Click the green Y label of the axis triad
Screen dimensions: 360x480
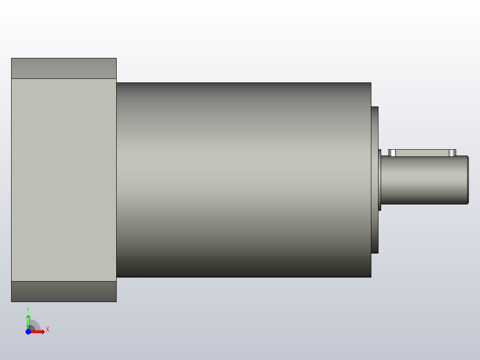(28, 309)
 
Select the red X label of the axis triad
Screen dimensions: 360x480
(48, 330)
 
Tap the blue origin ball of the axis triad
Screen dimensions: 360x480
(28, 332)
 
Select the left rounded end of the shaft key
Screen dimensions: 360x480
(392, 153)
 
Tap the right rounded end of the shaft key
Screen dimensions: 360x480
(452, 153)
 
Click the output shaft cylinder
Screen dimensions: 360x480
(423, 180)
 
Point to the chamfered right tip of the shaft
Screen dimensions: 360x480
(467, 180)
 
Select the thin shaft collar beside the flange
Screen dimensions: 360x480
(379, 180)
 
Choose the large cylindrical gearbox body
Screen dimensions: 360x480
(244, 180)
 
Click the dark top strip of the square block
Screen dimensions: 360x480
(64, 68)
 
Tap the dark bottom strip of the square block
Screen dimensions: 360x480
(64, 291)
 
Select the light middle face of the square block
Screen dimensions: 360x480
(64, 180)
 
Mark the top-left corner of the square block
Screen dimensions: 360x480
(12, 58)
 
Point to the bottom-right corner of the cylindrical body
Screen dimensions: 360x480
(370, 277)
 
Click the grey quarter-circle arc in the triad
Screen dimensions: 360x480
(37, 325)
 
